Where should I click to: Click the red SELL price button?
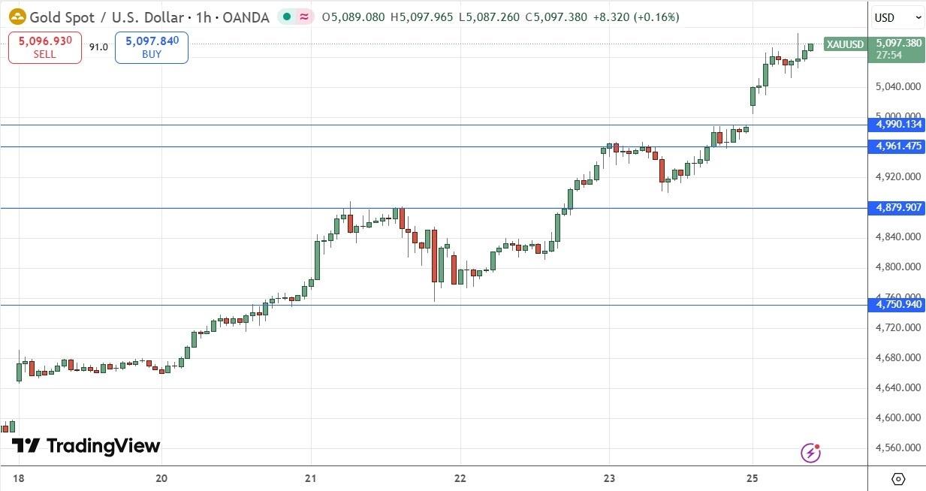[45, 47]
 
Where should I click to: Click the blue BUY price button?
[151, 47]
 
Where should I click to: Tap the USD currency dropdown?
[897, 17]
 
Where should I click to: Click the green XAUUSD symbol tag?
[845, 44]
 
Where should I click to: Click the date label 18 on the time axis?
[17, 478]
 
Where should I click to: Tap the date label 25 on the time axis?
[752, 478]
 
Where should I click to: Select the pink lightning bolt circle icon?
[810, 452]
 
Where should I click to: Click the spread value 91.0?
[98, 47]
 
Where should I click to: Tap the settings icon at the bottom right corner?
[897, 478]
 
